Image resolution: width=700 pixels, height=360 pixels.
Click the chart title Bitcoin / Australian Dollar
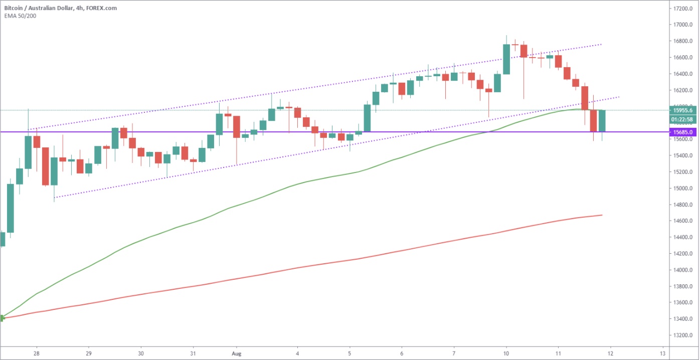tap(39, 8)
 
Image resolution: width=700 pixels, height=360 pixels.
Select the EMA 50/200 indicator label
tap(20, 16)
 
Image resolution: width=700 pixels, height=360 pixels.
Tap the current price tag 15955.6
tap(682, 110)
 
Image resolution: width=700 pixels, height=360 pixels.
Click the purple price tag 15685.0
tap(682, 132)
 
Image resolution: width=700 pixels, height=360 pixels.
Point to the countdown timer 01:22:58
tap(682, 119)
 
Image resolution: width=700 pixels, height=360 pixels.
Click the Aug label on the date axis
tap(237, 354)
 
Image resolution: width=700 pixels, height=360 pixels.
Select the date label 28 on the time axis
tap(37, 354)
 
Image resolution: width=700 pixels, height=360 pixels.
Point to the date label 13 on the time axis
tap(662, 354)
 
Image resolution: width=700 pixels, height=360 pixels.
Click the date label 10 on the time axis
tap(506, 354)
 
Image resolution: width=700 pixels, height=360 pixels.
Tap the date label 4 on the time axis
tap(297, 354)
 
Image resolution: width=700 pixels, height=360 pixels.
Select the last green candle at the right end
tap(602, 121)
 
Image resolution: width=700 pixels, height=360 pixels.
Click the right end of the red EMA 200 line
tap(602, 215)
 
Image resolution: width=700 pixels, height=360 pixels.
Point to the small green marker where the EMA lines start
tap(2, 318)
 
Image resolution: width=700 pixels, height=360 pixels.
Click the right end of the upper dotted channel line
tap(602, 45)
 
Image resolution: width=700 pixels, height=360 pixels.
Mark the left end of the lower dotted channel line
tap(54, 198)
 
